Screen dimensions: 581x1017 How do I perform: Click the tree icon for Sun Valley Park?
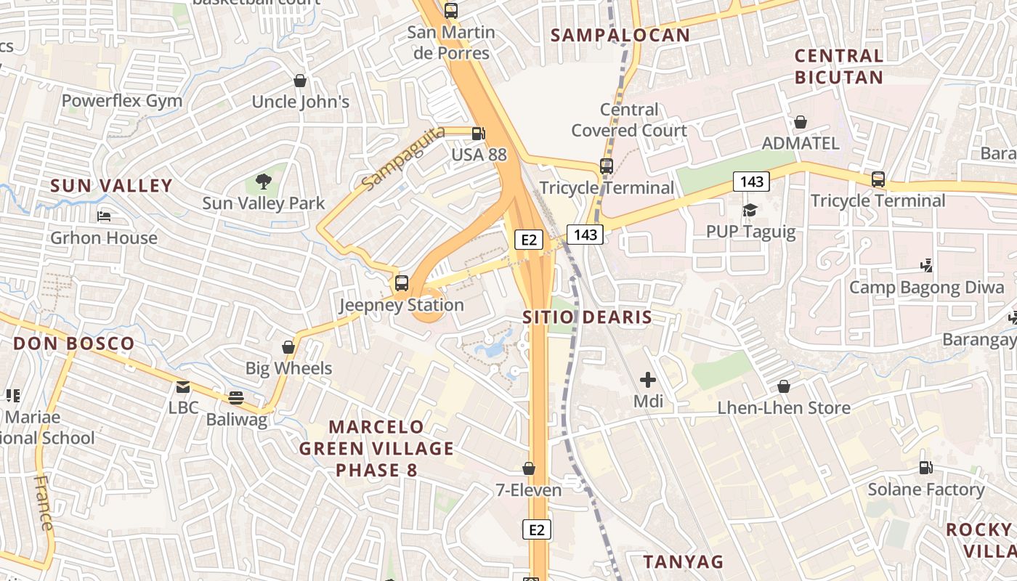(264, 182)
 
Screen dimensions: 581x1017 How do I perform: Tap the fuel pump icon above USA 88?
(478, 134)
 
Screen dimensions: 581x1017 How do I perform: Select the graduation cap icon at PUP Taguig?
(750, 211)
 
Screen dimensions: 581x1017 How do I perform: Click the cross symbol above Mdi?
(647, 380)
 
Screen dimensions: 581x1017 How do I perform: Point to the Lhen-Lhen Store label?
(784, 408)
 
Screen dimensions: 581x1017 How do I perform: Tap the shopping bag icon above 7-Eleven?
(529, 469)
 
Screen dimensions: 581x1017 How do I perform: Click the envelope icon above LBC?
(183, 387)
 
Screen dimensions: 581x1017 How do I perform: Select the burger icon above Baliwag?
(236, 398)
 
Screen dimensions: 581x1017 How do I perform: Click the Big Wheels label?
(288, 368)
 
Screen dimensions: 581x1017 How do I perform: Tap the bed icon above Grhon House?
(104, 216)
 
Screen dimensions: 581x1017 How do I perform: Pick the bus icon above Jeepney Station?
(402, 283)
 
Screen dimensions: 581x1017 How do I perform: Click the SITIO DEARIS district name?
(587, 317)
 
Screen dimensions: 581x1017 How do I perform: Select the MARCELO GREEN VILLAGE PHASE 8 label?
(376, 448)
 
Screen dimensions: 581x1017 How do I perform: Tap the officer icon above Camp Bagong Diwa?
(926, 266)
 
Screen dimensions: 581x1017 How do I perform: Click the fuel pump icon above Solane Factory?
(925, 468)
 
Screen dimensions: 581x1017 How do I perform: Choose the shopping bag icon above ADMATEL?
(801, 122)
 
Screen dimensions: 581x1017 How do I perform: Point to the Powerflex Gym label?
(122, 101)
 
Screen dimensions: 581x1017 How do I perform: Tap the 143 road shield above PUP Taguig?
(750, 182)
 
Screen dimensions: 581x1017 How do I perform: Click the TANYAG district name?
(684, 561)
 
